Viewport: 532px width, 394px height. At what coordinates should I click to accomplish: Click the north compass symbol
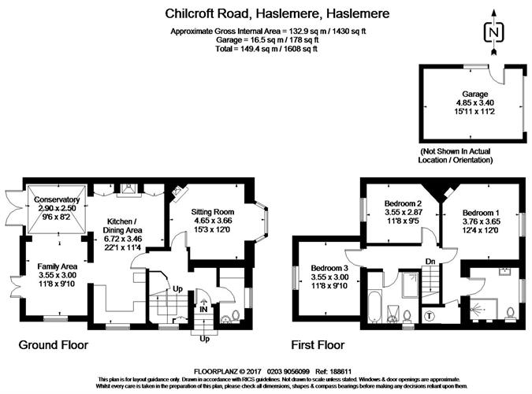(x=494, y=32)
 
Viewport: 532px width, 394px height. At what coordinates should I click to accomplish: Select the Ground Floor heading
(x=53, y=345)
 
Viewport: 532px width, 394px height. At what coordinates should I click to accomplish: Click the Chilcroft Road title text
(x=266, y=13)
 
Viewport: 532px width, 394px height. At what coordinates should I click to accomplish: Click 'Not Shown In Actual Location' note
(x=456, y=155)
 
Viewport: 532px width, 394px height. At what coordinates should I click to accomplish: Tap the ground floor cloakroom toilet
(x=227, y=318)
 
